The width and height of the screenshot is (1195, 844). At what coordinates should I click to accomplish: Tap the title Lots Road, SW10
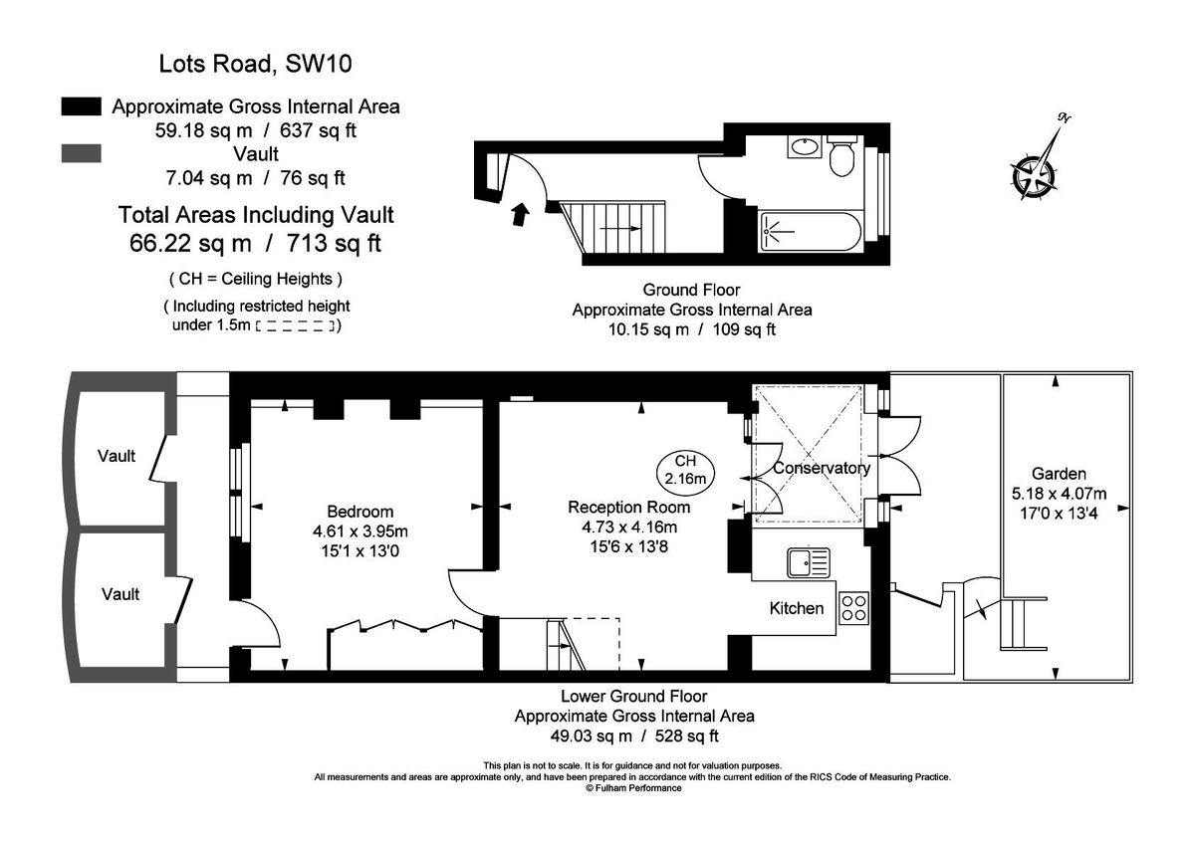[256, 66]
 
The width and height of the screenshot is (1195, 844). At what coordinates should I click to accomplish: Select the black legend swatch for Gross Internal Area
[81, 105]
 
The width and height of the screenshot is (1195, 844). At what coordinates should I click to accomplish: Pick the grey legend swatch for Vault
[81, 153]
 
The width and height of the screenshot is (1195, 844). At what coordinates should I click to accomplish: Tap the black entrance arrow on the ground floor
[520, 213]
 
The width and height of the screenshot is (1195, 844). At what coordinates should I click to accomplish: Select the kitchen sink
[807, 563]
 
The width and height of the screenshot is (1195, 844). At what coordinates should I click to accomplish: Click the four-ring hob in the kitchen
[854, 606]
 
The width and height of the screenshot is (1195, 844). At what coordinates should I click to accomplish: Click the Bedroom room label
[359, 513]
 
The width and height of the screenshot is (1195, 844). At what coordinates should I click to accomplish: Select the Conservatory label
[822, 468]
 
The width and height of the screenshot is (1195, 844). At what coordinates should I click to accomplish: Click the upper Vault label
[117, 456]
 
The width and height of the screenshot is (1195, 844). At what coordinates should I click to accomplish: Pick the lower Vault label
[119, 594]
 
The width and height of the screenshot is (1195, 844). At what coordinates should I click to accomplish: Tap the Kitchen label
[797, 607]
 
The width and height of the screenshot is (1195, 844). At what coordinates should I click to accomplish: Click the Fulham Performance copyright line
[633, 787]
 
